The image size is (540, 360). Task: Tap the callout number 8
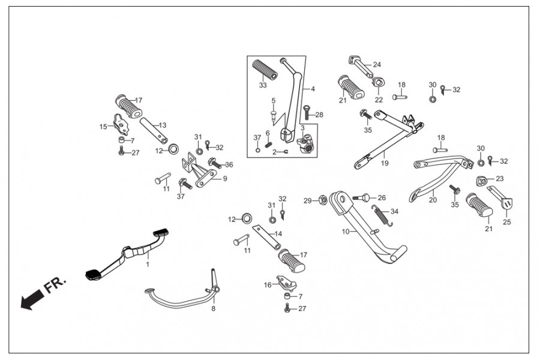(x=212, y=309)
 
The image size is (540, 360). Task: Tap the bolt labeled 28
(x=306, y=115)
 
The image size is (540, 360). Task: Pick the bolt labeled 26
(x=364, y=197)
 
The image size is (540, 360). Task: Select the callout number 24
(x=377, y=64)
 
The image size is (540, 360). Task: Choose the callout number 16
(x=268, y=285)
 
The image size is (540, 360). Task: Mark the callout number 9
(x=225, y=178)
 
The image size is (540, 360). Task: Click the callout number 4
(x=313, y=88)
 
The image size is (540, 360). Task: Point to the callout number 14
(x=278, y=233)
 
